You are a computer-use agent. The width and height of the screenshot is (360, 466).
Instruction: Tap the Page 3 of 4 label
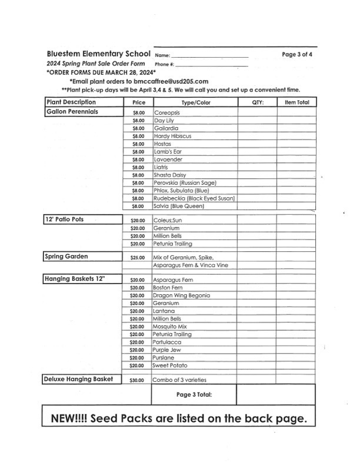click(297, 55)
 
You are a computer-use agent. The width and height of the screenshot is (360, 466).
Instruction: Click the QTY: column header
click(257, 102)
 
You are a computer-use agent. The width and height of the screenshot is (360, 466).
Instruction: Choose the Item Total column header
click(296, 102)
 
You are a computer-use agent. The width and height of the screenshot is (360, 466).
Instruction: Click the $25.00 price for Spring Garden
click(137, 258)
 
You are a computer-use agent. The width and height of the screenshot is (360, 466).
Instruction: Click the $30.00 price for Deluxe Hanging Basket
click(137, 381)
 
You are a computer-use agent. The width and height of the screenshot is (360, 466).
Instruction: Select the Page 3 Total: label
click(194, 395)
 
